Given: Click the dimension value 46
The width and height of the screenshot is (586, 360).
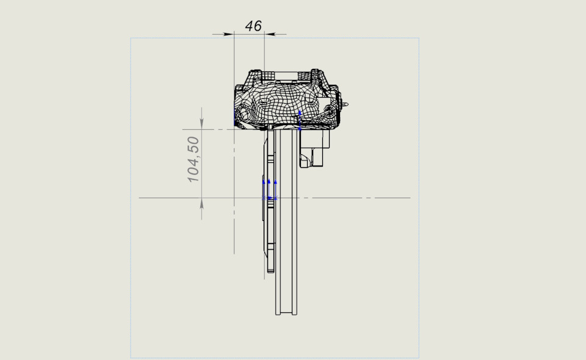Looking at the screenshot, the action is pyautogui.click(x=253, y=26).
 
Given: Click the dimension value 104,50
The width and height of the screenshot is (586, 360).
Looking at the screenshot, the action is pyautogui.click(x=194, y=159).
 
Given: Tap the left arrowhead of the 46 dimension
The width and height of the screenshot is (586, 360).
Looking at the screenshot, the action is pyautogui.click(x=228, y=34).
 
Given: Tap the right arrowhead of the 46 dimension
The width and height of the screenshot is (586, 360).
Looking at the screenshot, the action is pyautogui.click(x=269, y=34).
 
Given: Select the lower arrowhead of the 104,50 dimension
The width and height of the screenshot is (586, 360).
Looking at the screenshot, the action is pyautogui.click(x=202, y=203).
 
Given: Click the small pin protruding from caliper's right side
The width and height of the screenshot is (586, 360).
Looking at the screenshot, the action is pyautogui.click(x=345, y=105).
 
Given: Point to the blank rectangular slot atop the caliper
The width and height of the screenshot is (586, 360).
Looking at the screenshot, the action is pyautogui.click(x=288, y=76).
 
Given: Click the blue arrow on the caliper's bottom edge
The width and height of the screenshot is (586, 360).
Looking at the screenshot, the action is pyautogui.click(x=300, y=120).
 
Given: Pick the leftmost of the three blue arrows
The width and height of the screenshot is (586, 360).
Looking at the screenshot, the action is pyautogui.click(x=264, y=189).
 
